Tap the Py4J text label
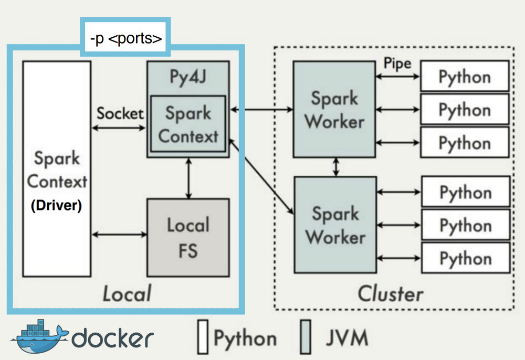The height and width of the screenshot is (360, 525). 187,76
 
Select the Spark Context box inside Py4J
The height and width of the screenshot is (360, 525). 188,124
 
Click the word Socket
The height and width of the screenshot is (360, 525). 120,113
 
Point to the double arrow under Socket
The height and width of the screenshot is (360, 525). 120,128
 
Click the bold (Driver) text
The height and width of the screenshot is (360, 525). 56,206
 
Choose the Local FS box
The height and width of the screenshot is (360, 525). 188,237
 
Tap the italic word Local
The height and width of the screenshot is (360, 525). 127,293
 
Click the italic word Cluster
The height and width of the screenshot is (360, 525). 391,293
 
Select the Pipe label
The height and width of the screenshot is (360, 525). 397,64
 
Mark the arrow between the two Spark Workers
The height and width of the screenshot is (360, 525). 335,167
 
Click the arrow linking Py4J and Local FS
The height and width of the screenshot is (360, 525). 188,178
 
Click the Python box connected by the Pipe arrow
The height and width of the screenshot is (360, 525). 465,77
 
